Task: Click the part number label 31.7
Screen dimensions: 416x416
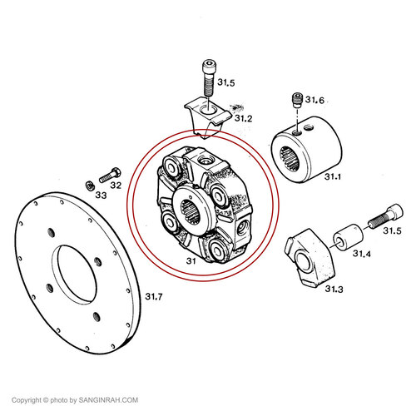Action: [x=154, y=296]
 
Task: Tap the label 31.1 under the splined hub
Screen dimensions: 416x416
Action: [x=333, y=176]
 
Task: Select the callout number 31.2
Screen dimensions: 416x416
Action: [x=244, y=118]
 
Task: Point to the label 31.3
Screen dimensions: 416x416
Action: [x=334, y=289]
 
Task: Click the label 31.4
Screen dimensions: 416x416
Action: [x=362, y=254]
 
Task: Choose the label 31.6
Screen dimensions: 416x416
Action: [x=314, y=100]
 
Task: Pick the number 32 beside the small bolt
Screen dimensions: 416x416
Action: [x=116, y=185]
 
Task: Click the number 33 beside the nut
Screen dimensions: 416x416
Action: [x=101, y=196]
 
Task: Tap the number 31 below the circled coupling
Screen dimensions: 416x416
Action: [x=191, y=261]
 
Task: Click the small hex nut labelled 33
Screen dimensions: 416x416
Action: [x=89, y=185]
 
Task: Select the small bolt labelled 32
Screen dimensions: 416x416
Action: [x=110, y=176]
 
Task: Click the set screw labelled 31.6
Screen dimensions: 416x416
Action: [x=296, y=101]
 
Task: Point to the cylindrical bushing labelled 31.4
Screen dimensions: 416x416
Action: [x=348, y=237]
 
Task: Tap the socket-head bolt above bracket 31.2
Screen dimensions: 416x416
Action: [x=208, y=77]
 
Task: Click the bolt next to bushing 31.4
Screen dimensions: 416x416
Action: [x=385, y=215]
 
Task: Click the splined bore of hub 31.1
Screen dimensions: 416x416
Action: [x=290, y=159]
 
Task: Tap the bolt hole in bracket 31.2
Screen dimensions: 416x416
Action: [x=207, y=109]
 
